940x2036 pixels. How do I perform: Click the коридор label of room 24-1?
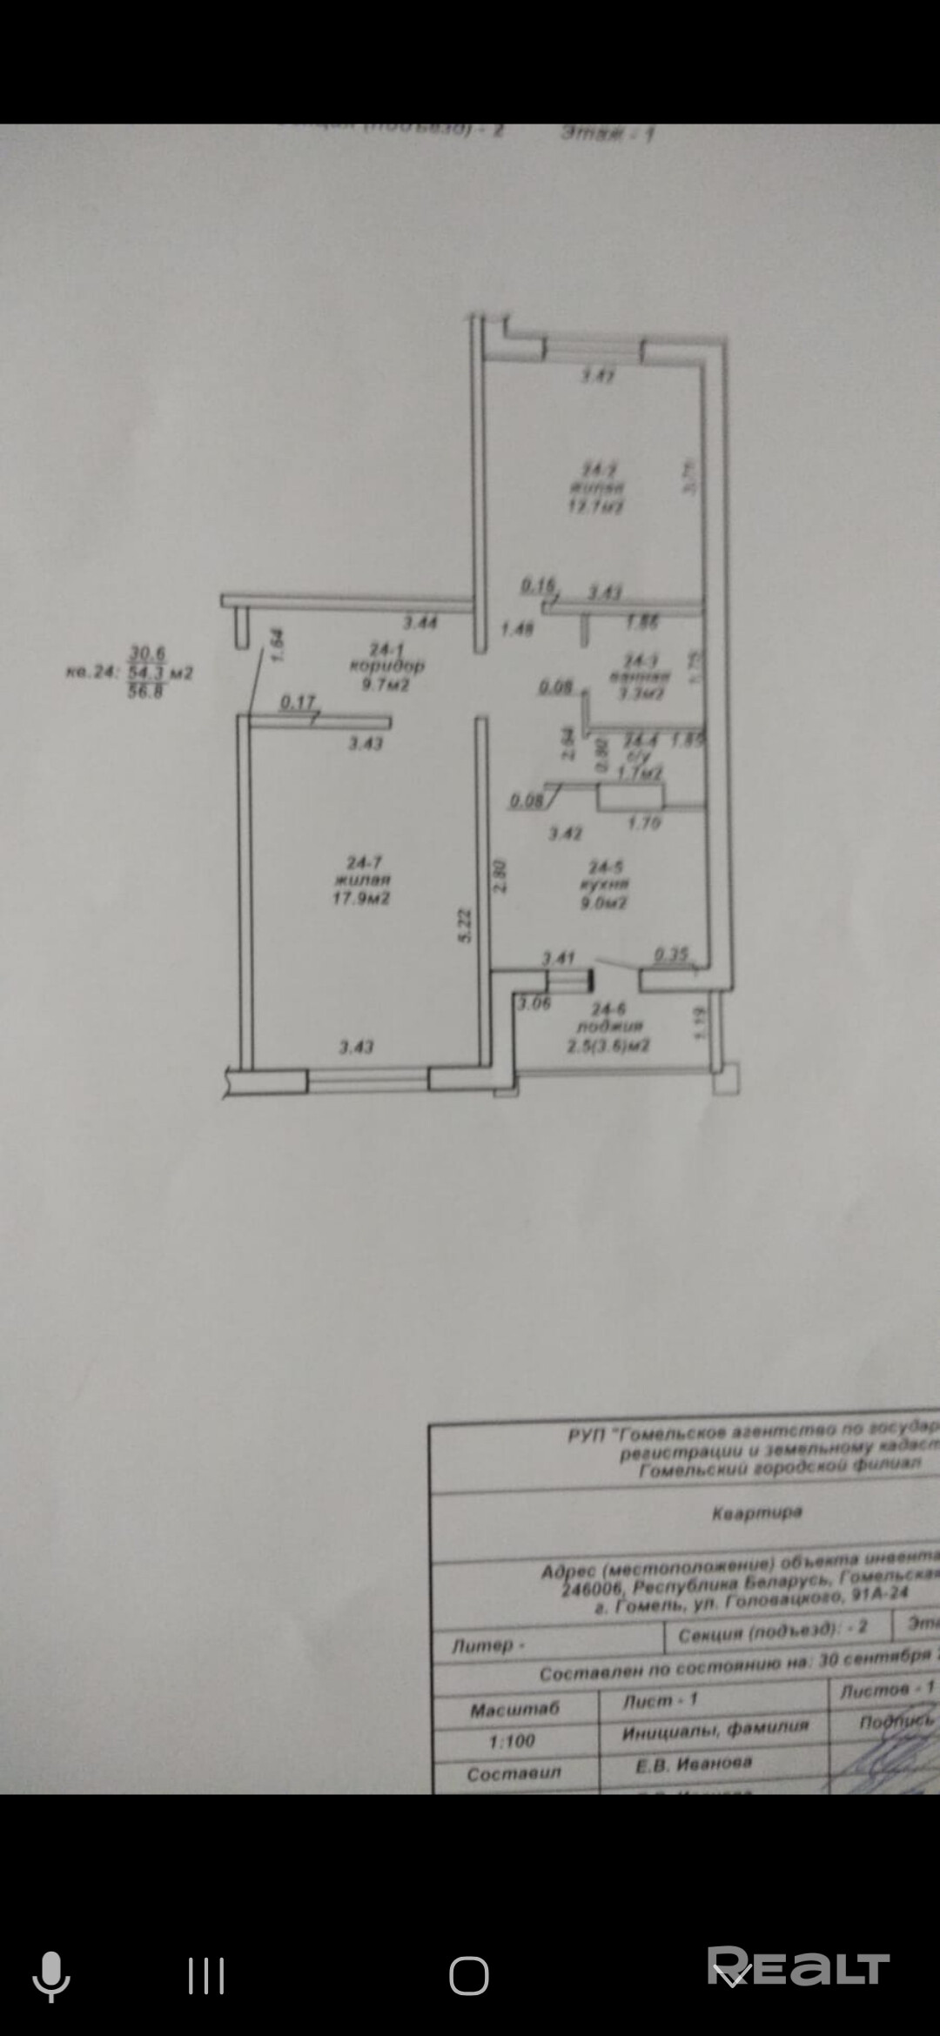pyautogui.click(x=386, y=666)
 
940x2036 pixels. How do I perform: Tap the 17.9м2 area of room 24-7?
pyautogui.click(x=361, y=898)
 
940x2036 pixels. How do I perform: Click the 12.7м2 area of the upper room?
pyautogui.click(x=596, y=506)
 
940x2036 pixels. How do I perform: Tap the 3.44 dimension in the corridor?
pyautogui.click(x=420, y=623)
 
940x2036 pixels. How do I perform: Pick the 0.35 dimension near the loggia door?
pyautogui.click(x=671, y=954)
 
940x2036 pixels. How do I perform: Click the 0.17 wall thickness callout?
pyautogui.click(x=298, y=701)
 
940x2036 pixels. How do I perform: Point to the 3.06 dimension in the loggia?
pyautogui.click(x=534, y=1003)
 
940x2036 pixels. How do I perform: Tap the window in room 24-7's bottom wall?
pyautogui.click(x=368, y=1080)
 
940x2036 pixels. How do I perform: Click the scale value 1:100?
pyautogui.click(x=512, y=1741)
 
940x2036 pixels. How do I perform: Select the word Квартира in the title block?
pyautogui.click(x=756, y=1513)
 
